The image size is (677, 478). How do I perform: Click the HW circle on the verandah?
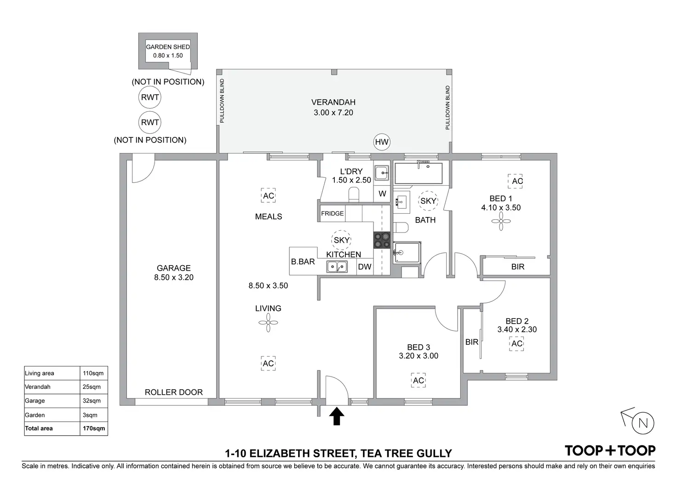point(382,142)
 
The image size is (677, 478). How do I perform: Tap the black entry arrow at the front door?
point(337,416)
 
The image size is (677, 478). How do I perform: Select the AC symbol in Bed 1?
point(515,181)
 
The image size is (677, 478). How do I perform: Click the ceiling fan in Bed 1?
point(501,221)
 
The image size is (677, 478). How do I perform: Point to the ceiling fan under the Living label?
point(268,323)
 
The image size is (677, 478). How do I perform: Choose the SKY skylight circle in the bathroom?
point(428,201)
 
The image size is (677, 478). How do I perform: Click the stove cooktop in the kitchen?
point(382,240)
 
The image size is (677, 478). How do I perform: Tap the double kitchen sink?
point(337,267)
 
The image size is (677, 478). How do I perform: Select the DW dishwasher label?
point(365,267)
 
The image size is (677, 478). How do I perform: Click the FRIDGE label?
point(332,213)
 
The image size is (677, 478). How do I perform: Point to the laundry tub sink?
point(382,173)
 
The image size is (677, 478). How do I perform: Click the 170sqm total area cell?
point(94,428)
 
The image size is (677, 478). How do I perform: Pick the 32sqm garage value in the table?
point(91,401)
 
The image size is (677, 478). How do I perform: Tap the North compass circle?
point(643,423)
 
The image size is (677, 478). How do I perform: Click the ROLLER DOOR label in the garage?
point(174,392)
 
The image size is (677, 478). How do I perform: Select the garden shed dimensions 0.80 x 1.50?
point(168,56)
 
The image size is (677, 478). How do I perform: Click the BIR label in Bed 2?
point(472,342)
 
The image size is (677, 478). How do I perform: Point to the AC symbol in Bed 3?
point(419,381)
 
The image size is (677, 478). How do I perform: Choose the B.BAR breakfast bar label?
point(303,262)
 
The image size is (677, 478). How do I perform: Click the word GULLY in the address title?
point(434,454)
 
